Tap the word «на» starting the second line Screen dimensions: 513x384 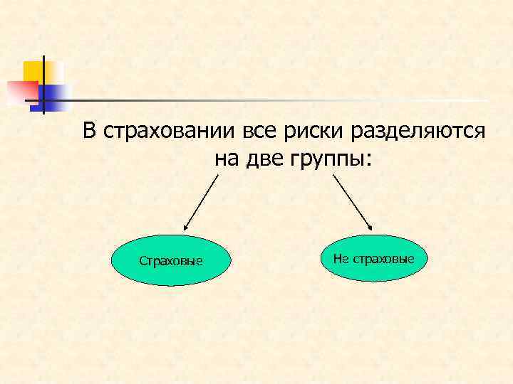tap(227, 159)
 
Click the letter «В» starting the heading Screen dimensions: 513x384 tap(88, 132)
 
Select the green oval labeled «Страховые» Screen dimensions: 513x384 tap(171, 261)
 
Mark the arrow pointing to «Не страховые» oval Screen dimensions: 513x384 tap(353, 202)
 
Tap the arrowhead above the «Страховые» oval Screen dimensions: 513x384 tap(186, 228)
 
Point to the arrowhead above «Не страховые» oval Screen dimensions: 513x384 tap(370, 227)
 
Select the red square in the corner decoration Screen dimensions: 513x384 tap(19, 92)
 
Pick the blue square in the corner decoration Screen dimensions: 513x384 tap(56, 94)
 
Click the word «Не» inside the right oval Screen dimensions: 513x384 tap(340, 257)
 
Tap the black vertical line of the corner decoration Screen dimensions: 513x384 tap(43, 84)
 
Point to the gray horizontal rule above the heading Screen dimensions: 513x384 tap(271, 100)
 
